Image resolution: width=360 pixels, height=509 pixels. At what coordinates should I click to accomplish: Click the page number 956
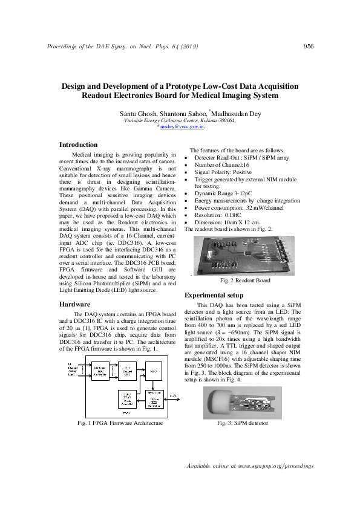click(x=308, y=47)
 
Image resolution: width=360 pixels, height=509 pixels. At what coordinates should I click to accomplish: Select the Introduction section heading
click(x=78, y=145)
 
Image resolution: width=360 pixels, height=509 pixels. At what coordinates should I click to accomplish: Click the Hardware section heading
click(x=74, y=304)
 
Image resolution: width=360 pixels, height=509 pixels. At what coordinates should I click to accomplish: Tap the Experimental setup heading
click(x=215, y=295)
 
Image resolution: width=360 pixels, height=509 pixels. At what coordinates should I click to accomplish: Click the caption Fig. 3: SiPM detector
click(x=243, y=423)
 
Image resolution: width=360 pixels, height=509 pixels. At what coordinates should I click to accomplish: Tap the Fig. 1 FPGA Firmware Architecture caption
click(x=120, y=423)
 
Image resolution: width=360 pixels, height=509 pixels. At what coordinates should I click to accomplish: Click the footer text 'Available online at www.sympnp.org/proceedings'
click(x=250, y=467)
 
